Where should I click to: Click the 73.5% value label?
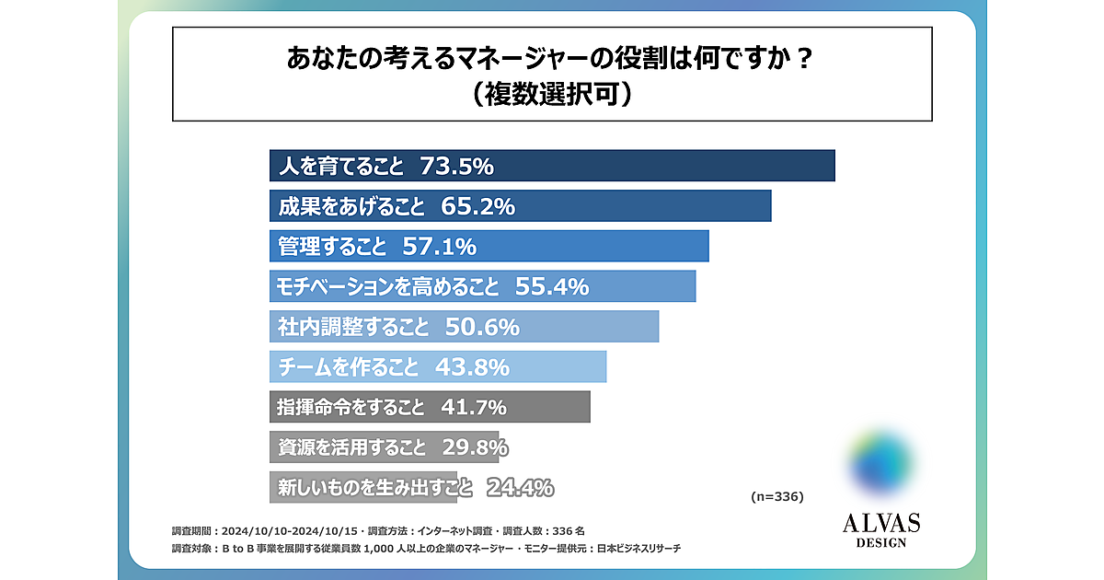456,167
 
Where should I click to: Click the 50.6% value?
482,327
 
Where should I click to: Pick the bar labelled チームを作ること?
438,367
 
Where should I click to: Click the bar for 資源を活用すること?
384,447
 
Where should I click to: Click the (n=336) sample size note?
777,496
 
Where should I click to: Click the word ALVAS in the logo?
880,524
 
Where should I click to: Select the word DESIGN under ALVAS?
880,543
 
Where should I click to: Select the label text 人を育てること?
340,167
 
